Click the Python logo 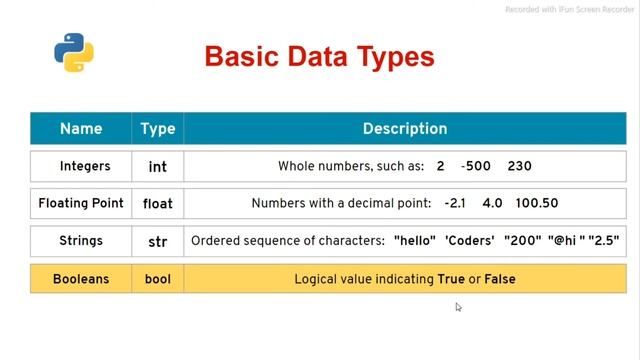[x=67, y=53]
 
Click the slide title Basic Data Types [x=319, y=56]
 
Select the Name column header [x=81, y=129]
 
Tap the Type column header [x=158, y=129]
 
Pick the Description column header [x=404, y=129]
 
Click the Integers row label [x=81, y=165]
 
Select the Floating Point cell [x=81, y=203]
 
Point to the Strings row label [x=81, y=240]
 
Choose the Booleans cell [x=81, y=279]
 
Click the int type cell [x=158, y=165]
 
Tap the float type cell [x=158, y=203]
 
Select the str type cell [x=158, y=240]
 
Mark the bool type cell [x=158, y=279]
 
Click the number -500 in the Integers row [x=477, y=165]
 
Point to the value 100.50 [x=537, y=203]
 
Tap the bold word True [x=451, y=279]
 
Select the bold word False [x=500, y=279]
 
